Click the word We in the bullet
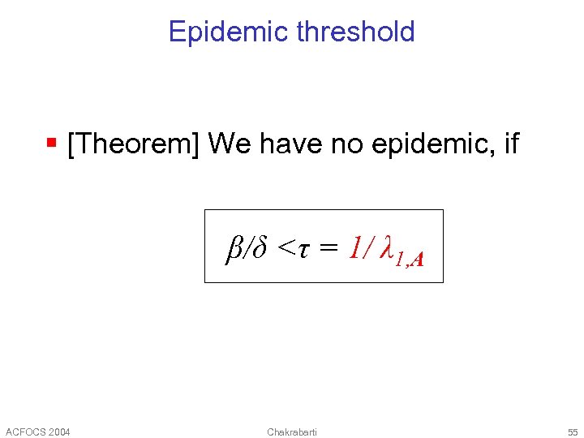click(x=228, y=144)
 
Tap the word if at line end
click(x=510, y=144)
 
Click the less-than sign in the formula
click(x=286, y=247)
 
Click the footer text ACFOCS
click(x=24, y=432)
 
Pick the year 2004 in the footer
click(x=58, y=432)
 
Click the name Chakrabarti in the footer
click(x=292, y=432)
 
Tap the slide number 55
click(x=573, y=432)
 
